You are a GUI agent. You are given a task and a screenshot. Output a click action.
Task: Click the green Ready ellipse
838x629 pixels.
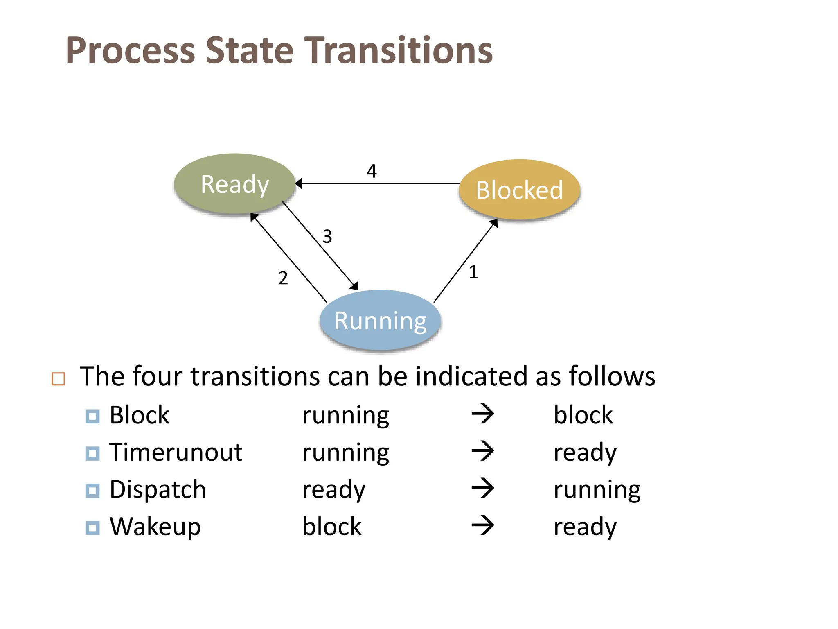pos(234,184)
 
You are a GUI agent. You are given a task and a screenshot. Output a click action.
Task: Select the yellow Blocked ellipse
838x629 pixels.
pos(519,190)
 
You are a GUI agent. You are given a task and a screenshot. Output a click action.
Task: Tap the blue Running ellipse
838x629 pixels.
pos(380,320)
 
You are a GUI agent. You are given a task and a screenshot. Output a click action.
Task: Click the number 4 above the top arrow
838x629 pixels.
pos(372,171)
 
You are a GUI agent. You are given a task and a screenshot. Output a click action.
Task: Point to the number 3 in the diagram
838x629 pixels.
pos(327,236)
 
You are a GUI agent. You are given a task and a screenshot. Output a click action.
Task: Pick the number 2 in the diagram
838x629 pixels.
pos(283,278)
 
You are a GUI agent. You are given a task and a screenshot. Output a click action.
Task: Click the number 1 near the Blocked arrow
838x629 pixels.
pos(473,272)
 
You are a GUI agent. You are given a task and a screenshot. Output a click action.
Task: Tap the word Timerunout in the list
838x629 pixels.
pos(176,453)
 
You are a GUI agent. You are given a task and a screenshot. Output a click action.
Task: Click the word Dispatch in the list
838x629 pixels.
pos(158,489)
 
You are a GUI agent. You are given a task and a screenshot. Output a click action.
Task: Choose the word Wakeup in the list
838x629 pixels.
pos(155,527)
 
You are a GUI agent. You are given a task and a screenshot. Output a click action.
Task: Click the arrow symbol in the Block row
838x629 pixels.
pos(483,414)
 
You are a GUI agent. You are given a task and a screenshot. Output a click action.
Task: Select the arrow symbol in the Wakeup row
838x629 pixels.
pos(483,526)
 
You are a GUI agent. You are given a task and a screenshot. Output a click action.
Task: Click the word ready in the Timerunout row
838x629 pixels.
pos(585,453)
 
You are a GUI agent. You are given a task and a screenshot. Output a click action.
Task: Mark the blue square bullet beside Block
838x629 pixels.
pos(92,416)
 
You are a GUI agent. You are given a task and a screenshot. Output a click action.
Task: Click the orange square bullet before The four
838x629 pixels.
pos(59,379)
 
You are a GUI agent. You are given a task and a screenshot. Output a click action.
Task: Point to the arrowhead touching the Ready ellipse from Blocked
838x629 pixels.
pos(298,183)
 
